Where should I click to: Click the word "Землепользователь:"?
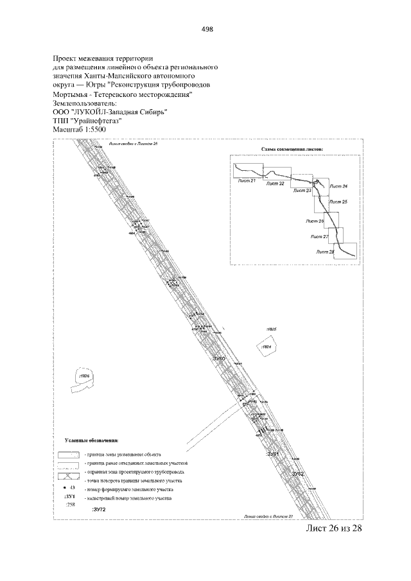(83, 102)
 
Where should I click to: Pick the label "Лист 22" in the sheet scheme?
(275, 184)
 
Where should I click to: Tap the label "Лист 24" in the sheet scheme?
(338, 186)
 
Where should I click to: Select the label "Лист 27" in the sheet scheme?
(319, 237)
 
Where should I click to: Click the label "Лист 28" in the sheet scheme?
(326, 252)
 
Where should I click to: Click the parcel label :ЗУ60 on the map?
(220, 357)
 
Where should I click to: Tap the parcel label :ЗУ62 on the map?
(297, 473)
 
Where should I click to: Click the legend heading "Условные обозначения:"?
(92, 442)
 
